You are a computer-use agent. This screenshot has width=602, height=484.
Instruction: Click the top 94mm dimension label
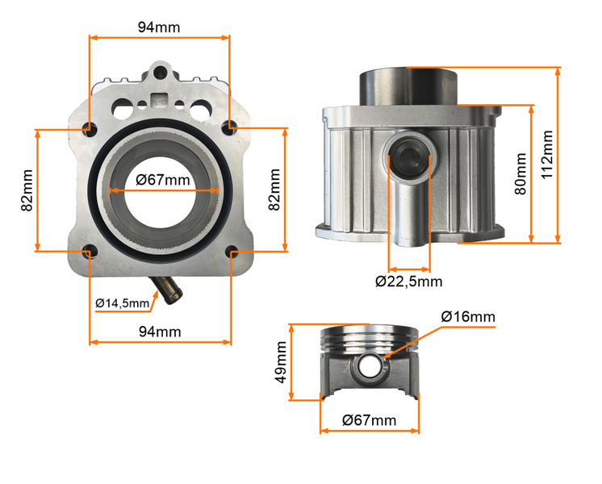[x=159, y=27]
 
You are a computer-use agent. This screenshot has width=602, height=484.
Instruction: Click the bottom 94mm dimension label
[x=159, y=331]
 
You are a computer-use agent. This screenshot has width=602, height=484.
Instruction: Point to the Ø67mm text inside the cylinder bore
[x=163, y=180]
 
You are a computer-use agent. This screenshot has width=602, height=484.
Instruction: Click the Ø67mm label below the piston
[x=369, y=420]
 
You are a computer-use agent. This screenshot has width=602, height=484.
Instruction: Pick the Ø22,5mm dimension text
[x=408, y=282]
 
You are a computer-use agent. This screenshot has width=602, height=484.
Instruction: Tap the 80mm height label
[x=520, y=173]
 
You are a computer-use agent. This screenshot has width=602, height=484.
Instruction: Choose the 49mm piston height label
[x=282, y=362]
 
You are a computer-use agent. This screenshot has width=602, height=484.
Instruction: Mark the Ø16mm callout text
[x=468, y=315]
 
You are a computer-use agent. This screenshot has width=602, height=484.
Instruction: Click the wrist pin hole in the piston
[x=370, y=366]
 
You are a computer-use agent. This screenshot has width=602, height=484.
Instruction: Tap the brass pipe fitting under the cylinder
[x=168, y=292]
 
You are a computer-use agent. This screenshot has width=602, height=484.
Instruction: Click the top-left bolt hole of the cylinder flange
[x=89, y=127]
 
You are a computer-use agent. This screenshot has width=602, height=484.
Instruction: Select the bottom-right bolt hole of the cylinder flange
[x=231, y=252]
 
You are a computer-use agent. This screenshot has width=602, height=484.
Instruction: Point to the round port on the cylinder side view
[x=409, y=156]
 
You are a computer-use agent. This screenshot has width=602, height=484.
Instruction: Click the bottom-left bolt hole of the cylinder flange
[x=89, y=251]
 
